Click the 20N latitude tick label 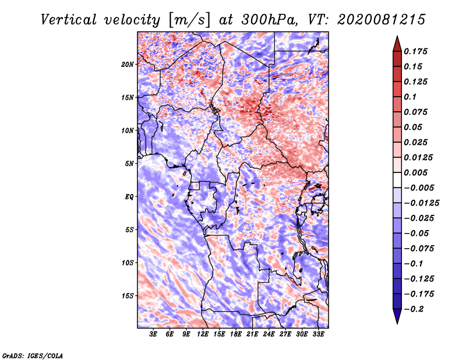tap(128, 64)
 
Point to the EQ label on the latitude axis tap(129, 197)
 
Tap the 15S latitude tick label tap(128, 296)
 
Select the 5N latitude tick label tap(129, 164)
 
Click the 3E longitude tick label tap(153, 334)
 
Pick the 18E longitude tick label tap(236, 334)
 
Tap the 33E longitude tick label tap(318, 334)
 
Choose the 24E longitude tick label tap(269, 334)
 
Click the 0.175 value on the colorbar tap(415, 51)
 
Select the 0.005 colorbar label tap(415, 172)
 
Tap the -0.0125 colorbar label tap(421, 203)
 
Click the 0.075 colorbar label tap(415, 112)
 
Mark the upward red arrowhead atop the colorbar tap(397, 44)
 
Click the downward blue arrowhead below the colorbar tap(397, 316)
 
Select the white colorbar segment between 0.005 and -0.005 tap(397, 180)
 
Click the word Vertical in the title tap(69, 20)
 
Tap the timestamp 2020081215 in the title tap(382, 20)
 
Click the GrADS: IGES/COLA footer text tap(33, 355)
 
